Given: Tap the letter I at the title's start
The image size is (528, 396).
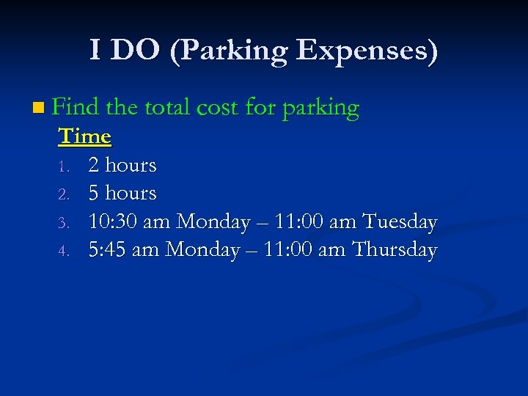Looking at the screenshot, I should [95, 51].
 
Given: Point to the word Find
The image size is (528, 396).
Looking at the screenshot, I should [76, 108].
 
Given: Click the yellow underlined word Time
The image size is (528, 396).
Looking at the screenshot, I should [84, 136].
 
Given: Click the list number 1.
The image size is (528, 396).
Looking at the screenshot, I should [64, 166].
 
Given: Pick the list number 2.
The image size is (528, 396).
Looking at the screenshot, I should [64, 194].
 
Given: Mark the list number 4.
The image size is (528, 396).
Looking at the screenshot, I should [64, 251].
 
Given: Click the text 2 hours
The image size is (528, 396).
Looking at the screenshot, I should [122, 165].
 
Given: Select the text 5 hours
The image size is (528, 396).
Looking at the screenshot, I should [122, 193].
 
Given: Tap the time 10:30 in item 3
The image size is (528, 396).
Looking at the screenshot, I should [112, 221].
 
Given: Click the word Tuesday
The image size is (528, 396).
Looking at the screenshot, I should [400, 221].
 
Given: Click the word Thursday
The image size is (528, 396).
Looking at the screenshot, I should [395, 249].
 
